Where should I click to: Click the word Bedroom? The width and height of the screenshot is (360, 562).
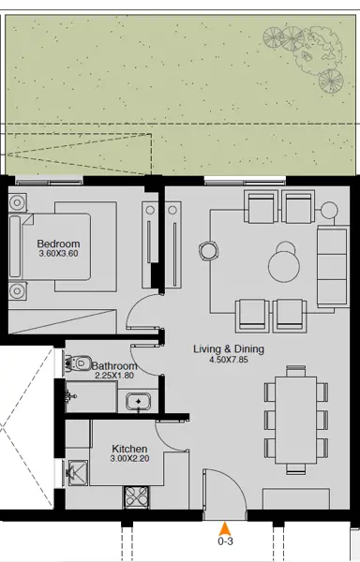tap(59, 243)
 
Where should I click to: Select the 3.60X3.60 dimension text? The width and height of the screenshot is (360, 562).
tap(59, 253)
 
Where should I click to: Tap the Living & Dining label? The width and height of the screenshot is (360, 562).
tap(229, 349)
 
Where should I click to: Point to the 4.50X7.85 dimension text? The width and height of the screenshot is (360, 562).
tap(229, 360)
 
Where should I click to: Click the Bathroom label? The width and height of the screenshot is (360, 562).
tap(115, 366)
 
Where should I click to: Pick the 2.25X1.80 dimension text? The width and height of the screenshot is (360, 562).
tap(115, 377)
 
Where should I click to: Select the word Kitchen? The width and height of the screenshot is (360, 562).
tap(129, 450)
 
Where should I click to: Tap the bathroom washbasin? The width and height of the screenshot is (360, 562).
tap(139, 403)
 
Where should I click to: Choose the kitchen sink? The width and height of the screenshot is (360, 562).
tap(77, 474)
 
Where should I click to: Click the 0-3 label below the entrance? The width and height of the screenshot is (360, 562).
tap(225, 541)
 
